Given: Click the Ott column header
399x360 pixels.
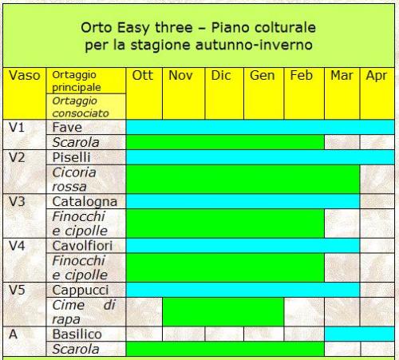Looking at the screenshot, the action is pyautogui.click(x=143, y=76).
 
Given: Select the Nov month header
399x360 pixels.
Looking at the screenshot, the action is pyautogui.click(x=180, y=76).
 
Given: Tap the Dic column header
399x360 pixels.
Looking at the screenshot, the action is pyautogui.click(x=221, y=76).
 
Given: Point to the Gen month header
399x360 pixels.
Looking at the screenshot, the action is pyautogui.click(x=263, y=76).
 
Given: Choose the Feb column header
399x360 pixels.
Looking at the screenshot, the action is pyautogui.click(x=302, y=76).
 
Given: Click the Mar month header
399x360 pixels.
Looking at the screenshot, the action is pyautogui.click(x=342, y=76).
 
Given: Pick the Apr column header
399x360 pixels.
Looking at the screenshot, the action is pyautogui.click(x=377, y=76).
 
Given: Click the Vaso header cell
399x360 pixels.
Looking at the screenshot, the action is pyautogui.click(x=25, y=76).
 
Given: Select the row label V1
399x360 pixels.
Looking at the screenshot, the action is pyautogui.click(x=17, y=128).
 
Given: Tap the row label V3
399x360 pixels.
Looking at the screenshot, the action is pyautogui.click(x=17, y=202).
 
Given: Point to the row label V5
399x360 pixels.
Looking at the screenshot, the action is pyautogui.click(x=17, y=290).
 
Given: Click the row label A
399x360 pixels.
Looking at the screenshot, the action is pyautogui.click(x=14, y=334).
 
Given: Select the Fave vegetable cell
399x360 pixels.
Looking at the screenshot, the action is pyautogui.click(x=67, y=128).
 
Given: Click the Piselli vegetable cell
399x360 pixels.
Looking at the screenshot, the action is pyautogui.click(x=71, y=157).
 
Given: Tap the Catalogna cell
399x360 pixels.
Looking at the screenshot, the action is pyautogui.click(x=85, y=202).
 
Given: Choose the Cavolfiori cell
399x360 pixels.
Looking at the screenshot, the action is pyautogui.click(x=82, y=246).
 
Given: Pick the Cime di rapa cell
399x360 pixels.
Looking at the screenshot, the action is pyautogui.click(x=84, y=312).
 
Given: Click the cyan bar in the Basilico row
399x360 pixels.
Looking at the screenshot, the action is pyautogui.click(x=359, y=334).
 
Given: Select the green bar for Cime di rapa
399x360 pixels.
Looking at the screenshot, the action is pyautogui.click(x=223, y=312).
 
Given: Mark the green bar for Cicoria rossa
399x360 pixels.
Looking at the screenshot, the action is pyautogui.click(x=243, y=180).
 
